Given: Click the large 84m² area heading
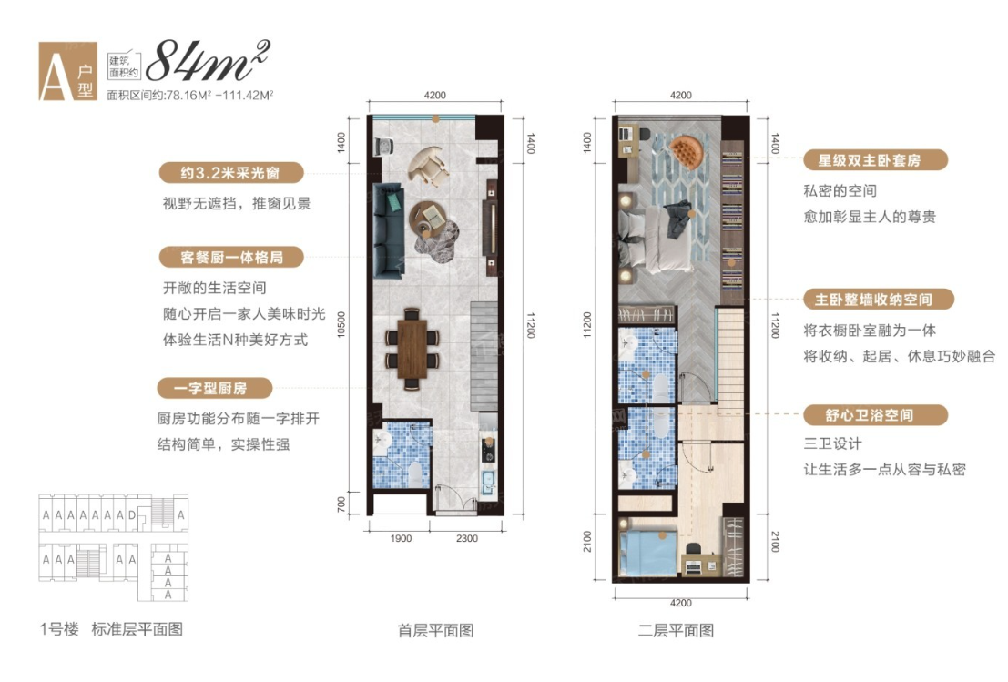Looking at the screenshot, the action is pos(208,61).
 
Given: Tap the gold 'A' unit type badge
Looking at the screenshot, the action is pos(68,71).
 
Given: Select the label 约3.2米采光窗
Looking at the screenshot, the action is pos(230,173).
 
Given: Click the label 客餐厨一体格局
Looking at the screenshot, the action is pos(230,257).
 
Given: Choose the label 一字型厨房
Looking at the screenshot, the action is pos(214,388).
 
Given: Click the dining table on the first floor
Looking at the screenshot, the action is pos(412,349).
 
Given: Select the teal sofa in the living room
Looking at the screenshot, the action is pos(388,230).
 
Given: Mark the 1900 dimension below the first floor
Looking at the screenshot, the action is pos(401,539).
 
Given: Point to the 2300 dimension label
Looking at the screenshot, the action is pos(467,539).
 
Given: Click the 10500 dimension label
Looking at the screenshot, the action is pos(341,324).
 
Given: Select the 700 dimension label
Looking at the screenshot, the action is pos(341,504).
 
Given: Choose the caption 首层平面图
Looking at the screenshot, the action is pos(436,631).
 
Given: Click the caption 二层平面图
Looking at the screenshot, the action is pos(676,631).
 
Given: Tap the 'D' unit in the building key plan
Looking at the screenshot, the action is pos(132,514).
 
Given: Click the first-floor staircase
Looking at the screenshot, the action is pos(484,357).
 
